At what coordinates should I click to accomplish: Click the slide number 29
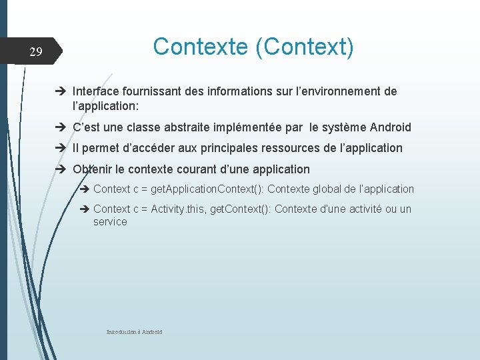coord(36,52)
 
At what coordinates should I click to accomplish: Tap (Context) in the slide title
coord(303,47)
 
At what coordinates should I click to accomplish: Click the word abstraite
coord(199,127)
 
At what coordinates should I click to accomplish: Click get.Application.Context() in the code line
coord(207,189)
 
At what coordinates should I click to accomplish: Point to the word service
coord(110,222)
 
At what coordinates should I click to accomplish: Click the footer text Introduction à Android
coord(135,332)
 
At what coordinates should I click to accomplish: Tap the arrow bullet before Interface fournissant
coord(63,91)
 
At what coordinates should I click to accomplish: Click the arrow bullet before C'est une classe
coord(63,127)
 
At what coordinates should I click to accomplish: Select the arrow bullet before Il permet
coord(63,148)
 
